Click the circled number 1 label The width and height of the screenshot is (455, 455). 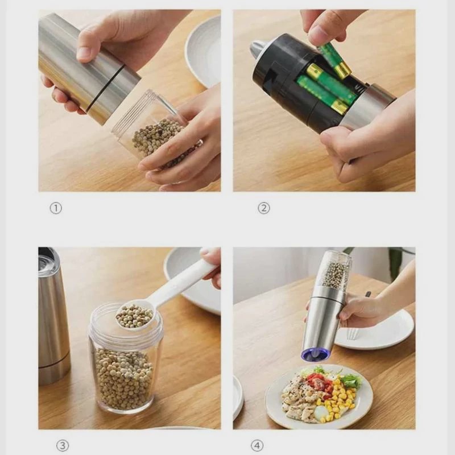coord(56,208)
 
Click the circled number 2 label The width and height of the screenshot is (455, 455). coord(264,208)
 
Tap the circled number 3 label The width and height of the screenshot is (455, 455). coord(63,446)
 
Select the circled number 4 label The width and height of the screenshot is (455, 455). coord(257,446)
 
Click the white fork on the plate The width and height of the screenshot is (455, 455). coord(351,334)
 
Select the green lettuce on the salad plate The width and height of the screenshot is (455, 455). coord(351,379)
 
